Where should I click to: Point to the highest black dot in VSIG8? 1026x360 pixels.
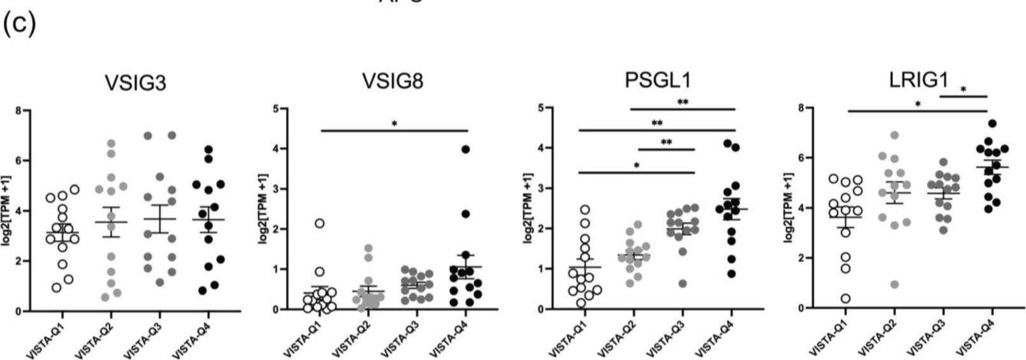465,149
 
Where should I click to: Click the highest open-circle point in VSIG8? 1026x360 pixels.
320,223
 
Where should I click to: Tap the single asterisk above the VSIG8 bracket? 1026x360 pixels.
394,123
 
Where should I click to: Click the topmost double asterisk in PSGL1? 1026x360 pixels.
683,101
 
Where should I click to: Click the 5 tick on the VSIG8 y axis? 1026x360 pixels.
275,108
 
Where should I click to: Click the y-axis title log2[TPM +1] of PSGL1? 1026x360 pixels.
527,210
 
